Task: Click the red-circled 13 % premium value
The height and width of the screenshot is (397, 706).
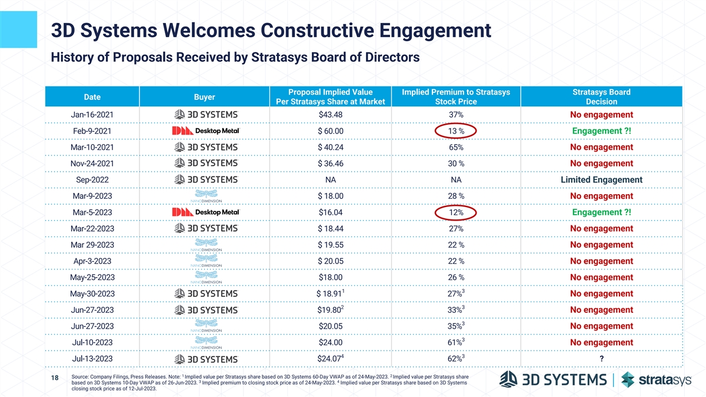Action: point(456,131)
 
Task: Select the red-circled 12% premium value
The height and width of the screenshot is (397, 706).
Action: point(456,212)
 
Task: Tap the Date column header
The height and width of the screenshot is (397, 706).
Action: point(91,96)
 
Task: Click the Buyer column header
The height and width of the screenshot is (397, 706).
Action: point(204,96)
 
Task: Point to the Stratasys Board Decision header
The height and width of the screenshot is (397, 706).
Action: point(601,97)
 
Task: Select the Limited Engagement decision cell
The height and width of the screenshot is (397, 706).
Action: point(601,179)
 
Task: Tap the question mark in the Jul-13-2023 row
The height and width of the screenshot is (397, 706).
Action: point(601,359)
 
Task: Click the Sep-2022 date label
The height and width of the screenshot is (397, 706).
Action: point(91,179)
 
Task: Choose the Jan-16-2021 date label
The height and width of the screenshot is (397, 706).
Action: point(91,114)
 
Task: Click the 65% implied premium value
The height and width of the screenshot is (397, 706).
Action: point(456,147)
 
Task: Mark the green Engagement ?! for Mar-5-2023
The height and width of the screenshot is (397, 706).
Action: point(601,212)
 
